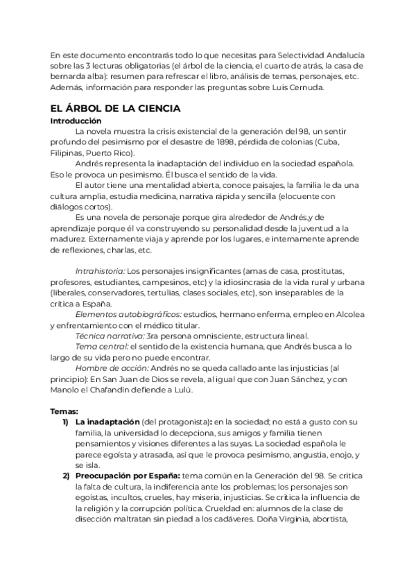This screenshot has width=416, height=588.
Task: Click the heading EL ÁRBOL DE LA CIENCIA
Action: point(115,108)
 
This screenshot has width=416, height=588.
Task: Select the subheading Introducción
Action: point(77,120)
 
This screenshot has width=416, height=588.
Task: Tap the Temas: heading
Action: point(64,411)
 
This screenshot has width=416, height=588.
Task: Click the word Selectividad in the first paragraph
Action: point(304,55)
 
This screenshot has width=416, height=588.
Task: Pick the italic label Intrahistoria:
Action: point(100,270)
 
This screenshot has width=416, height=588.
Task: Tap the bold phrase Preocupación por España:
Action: point(128,476)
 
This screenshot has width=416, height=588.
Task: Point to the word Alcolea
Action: point(351,314)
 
